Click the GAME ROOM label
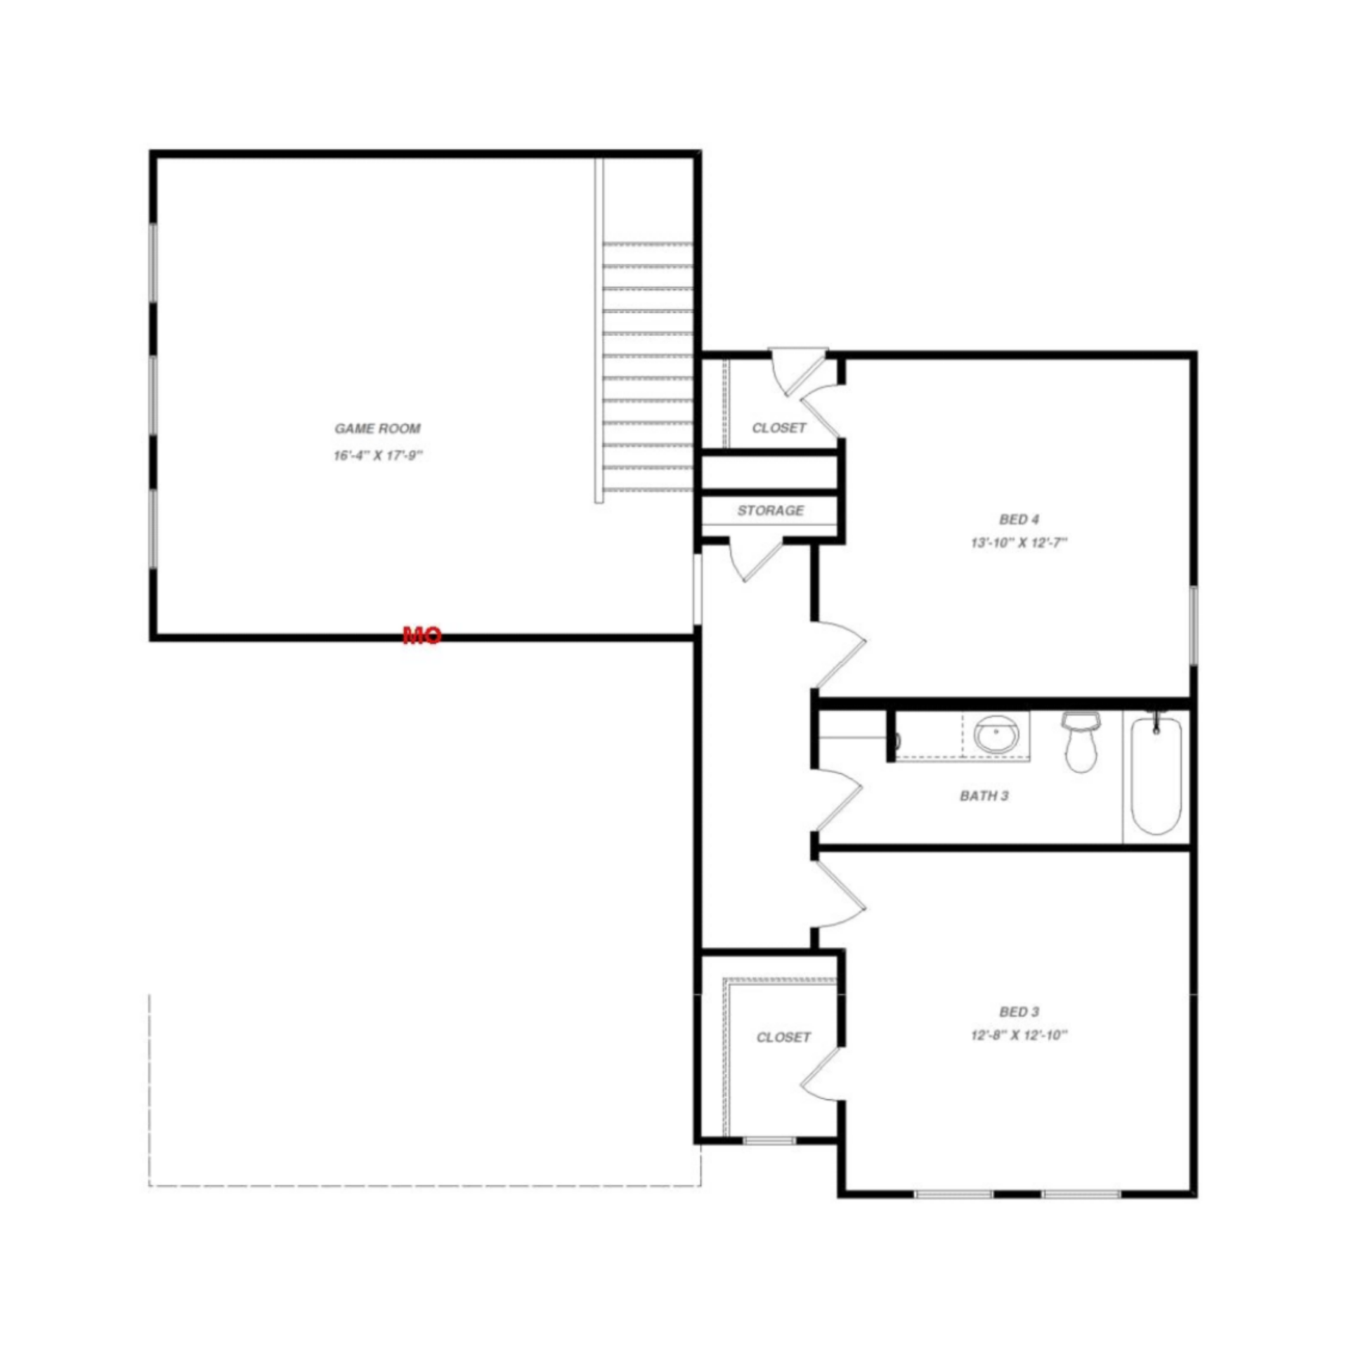pyautogui.click(x=377, y=429)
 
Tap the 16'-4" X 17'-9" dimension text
pyautogui.click(x=377, y=455)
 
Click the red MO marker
pyautogui.click(x=422, y=636)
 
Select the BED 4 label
pyautogui.click(x=1019, y=519)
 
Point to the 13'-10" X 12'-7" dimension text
pyautogui.click(x=1019, y=542)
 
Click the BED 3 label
pyautogui.click(x=1019, y=1012)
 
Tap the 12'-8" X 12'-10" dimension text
pyautogui.click(x=1019, y=1035)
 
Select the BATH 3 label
pyautogui.click(x=984, y=796)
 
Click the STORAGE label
pyautogui.click(x=770, y=511)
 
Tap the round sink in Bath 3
pyautogui.click(x=995, y=735)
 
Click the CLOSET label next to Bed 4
pyautogui.click(x=778, y=428)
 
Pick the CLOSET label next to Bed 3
pyautogui.click(x=783, y=1037)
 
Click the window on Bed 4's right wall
pyautogui.click(x=1192, y=625)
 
